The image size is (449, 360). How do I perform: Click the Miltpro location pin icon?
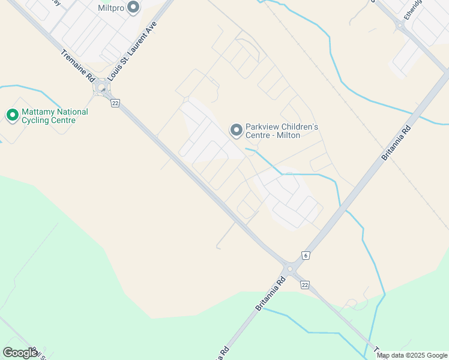coord(133,8)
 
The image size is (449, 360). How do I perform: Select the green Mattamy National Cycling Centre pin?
coord(11,115)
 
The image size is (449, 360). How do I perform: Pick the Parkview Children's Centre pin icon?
coord(237,130)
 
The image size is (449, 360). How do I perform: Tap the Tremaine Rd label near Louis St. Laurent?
coord(79,66)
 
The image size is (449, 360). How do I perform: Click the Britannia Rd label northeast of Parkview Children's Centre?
coord(396,143)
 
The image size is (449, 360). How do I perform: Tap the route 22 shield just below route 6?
coord(305,284)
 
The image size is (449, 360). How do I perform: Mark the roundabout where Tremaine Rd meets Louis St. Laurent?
coord(102,89)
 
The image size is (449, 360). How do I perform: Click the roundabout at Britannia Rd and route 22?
coord(290,269)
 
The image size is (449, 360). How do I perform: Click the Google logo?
coord(20,353)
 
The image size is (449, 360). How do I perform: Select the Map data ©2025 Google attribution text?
coord(412,355)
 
